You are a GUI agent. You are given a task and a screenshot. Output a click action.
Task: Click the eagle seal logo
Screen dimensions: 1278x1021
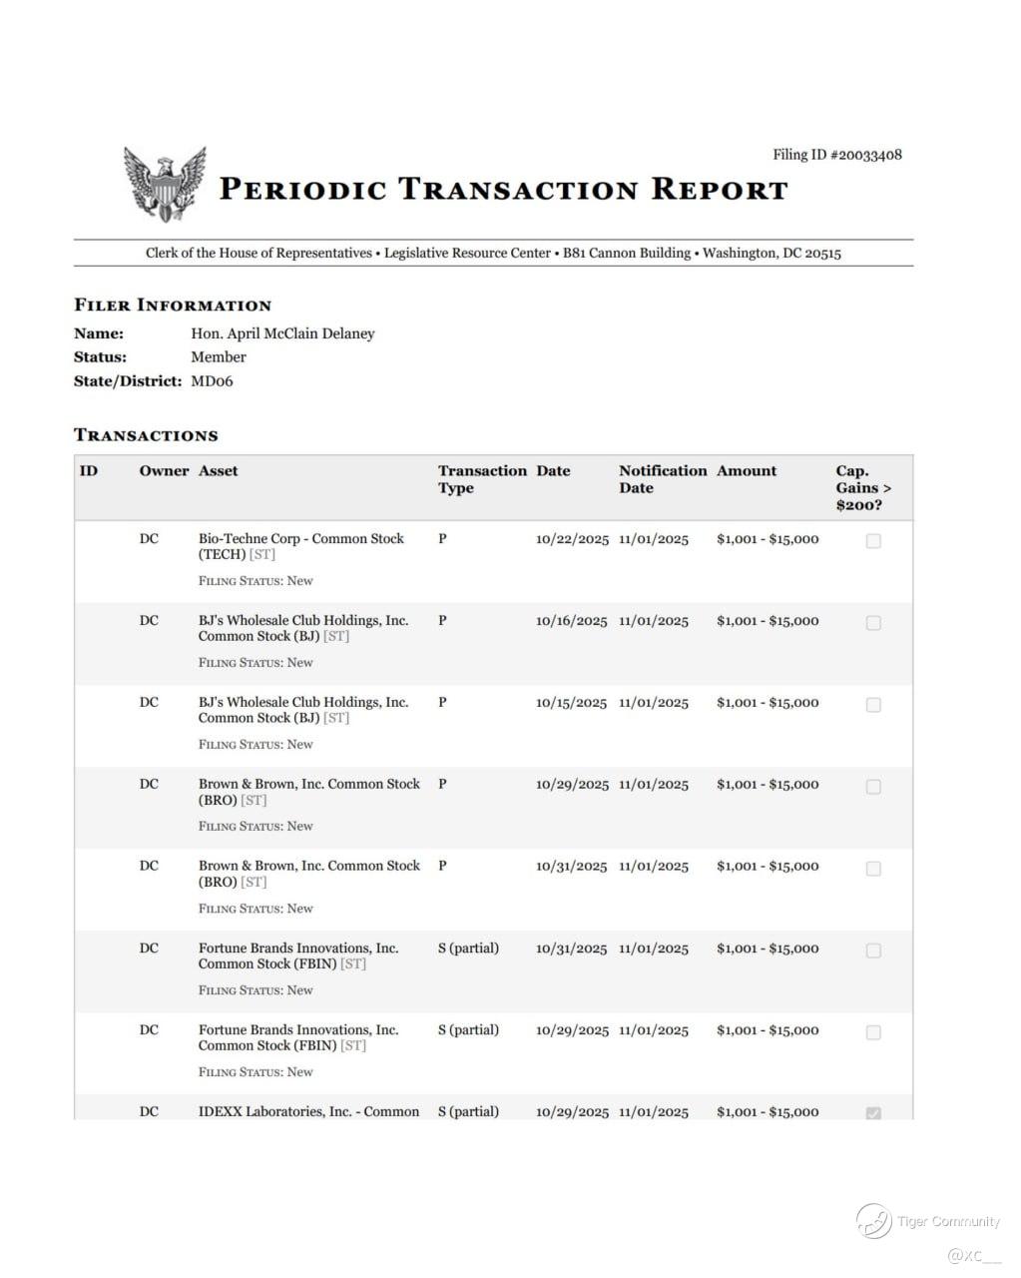click(x=165, y=184)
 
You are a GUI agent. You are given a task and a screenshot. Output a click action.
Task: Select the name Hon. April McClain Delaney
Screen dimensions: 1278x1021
click(x=282, y=333)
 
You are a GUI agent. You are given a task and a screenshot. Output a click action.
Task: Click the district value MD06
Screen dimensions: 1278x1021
click(x=212, y=380)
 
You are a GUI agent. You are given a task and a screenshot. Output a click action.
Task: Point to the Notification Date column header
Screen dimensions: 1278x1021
click(x=662, y=479)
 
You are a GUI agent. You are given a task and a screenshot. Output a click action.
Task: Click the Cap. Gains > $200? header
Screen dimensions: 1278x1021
click(x=863, y=487)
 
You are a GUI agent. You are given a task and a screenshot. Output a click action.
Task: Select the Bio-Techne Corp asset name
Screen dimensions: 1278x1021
click(x=300, y=546)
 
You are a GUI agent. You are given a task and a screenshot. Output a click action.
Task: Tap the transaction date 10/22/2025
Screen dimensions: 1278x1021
click(x=572, y=539)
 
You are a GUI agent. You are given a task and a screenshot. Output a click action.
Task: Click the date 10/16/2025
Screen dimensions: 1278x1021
click(x=571, y=621)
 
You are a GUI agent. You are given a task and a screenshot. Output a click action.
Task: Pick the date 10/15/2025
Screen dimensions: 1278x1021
click(x=571, y=703)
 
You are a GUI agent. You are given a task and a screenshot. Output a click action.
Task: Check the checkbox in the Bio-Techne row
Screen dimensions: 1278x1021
click(x=873, y=541)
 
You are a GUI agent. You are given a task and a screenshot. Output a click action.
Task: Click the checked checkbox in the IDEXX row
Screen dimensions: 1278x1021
click(x=873, y=1112)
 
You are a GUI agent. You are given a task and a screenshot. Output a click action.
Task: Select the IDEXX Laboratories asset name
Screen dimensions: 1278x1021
click(x=308, y=1111)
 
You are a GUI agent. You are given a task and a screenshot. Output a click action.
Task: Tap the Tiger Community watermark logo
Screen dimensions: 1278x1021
click(x=873, y=1220)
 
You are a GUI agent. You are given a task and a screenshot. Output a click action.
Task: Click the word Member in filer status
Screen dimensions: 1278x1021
click(x=219, y=356)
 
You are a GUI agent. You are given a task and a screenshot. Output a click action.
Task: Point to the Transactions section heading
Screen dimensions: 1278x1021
click(x=146, y=435)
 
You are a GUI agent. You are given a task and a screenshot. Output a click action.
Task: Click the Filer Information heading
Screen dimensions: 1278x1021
click(x=173, y=305)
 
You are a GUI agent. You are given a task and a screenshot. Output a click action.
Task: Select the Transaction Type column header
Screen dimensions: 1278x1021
click(x=481, y=479)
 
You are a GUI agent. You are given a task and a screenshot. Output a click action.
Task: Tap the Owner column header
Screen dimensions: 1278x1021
click(x=164, y=471)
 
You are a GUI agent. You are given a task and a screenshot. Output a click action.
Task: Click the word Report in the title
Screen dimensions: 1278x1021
click(x=720, y=189)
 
